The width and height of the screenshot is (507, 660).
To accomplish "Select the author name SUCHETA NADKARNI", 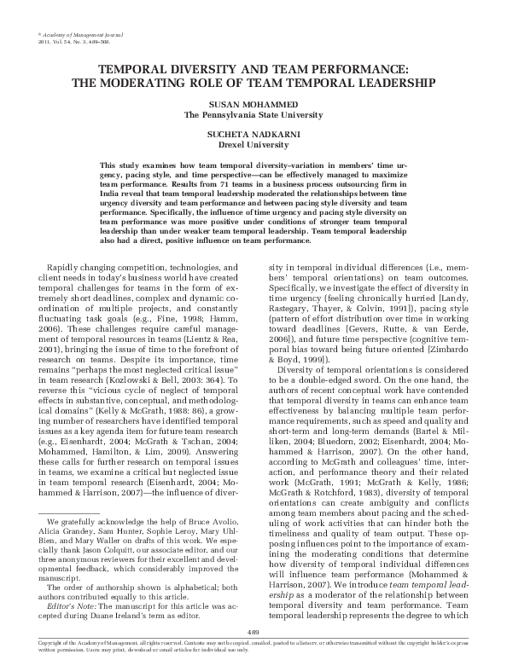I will [x=253, y=135].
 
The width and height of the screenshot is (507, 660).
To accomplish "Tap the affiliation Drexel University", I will [x=253, y=145].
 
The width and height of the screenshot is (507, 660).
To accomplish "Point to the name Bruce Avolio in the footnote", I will [x=202, y=519].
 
